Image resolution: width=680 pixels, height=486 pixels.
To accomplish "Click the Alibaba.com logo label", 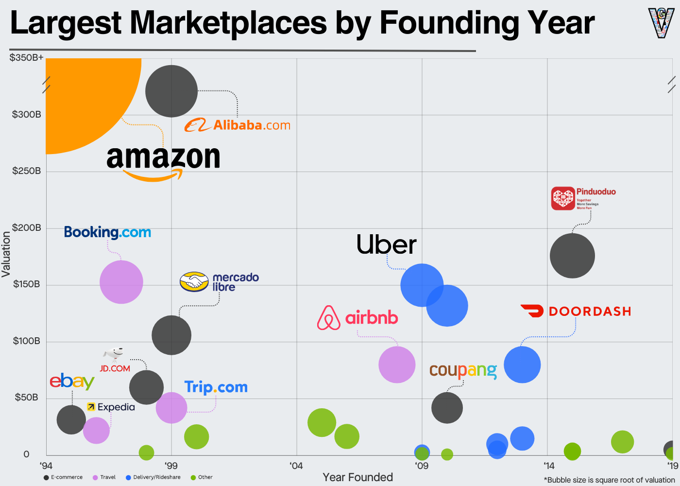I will pyautogui.click(x=238, y=125).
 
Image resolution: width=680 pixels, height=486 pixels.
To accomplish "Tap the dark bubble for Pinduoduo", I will pyautogui.click(x=572, y=256).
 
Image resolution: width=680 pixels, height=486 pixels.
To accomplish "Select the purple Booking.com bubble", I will pyautogui.click(x=121, y=282).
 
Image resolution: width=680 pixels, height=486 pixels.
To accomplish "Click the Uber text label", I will pyautogui.click(x=386, y=244).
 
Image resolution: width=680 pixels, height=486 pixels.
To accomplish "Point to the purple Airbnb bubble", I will pyautogui.click(x=397, y=364).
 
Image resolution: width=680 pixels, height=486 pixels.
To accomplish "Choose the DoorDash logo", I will pyautogui.click(x=576, y=311).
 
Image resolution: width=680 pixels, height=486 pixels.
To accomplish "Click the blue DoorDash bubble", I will pyautogui.click(x=522, y=364).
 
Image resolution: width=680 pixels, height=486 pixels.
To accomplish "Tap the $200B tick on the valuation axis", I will pyautogui.click(x=27, y=228).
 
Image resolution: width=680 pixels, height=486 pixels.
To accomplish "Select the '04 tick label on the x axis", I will pyautogui.click(x=296, y=466).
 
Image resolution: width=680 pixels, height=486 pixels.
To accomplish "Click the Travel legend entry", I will pyautogui.click(x=104, y=477).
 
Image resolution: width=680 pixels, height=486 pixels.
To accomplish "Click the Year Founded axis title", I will pyautogui.click(x=357, y=477).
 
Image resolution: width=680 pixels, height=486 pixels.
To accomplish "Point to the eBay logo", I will pyautogui.click(x=72, y=382).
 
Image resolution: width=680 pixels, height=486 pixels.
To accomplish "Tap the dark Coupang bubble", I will pyautogui.click(x=447, y=407).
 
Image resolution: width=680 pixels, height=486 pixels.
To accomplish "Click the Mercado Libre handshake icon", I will pyautogui.click(x=194, y=281).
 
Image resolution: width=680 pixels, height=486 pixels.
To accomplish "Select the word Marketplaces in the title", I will pyautogui.click(x=228, y=23).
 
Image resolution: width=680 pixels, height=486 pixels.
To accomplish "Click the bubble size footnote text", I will pyautogui.click(x=610, y=480).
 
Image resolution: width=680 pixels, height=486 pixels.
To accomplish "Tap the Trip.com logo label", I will pyautogui.click(x=216, y=387).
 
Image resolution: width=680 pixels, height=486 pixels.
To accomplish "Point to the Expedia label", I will pyautogui.click(x=111, y=407).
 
